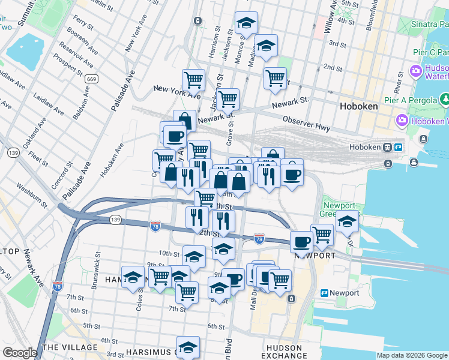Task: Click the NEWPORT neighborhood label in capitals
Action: pyautogui.click(x=315, y=255)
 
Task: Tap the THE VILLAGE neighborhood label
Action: pyautogui.click(x=70, y=347)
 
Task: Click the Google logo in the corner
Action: pyautogui.click(x=20, y=353)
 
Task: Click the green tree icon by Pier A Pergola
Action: pyautogui.click(x=445, y=98)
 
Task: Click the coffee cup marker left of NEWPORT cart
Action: pyautogui.click(x=301, y=242)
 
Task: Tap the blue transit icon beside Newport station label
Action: pyautogui.click(x=324, y=293)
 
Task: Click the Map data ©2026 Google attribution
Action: pyautogui.click(x=412, y=355)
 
